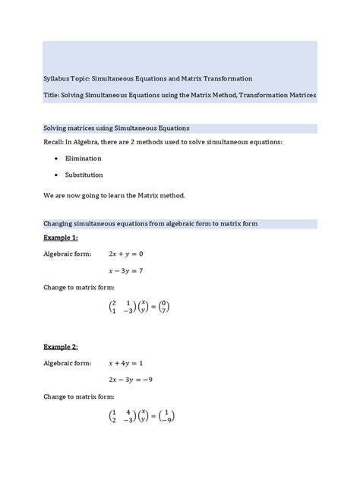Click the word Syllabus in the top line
[56, 78]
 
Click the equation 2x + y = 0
[126, 254]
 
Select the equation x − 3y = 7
[127, 270]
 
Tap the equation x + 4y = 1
[126, 362]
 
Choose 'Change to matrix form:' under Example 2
[79, 396]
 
